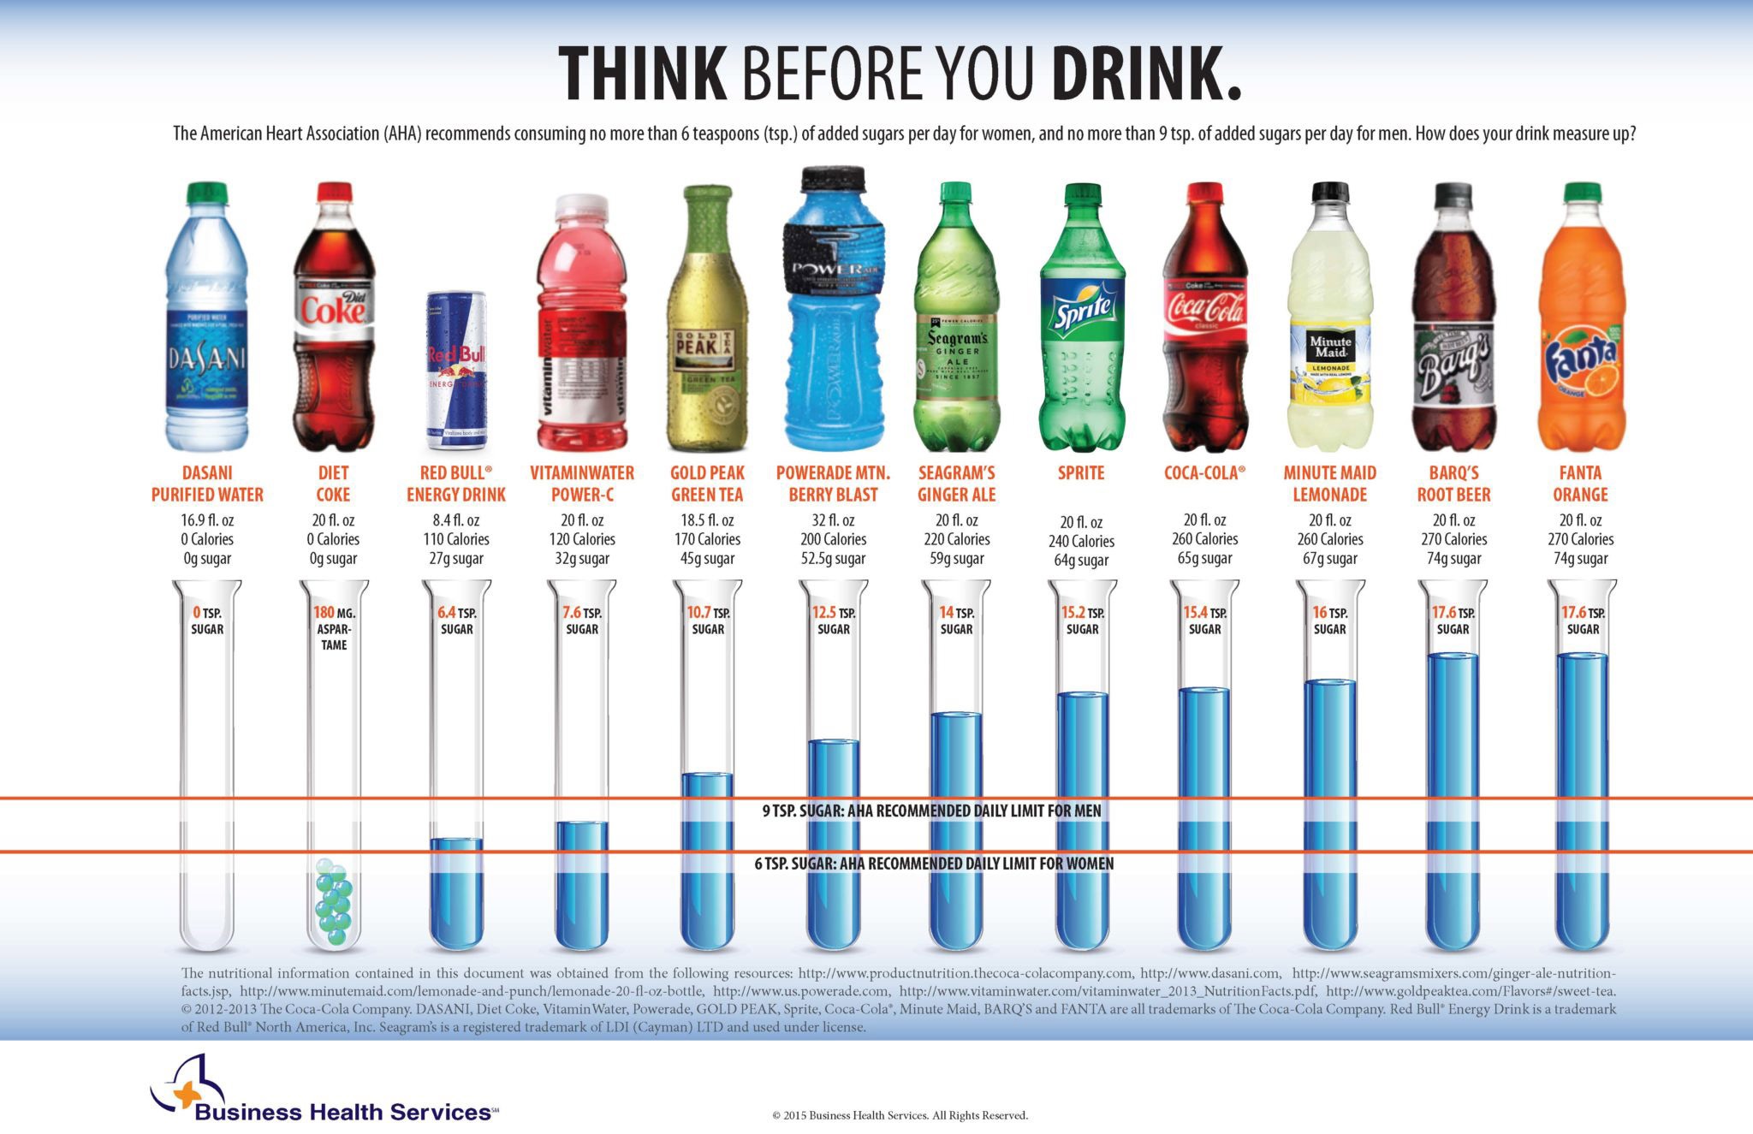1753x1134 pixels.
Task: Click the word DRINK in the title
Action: point(1145,74)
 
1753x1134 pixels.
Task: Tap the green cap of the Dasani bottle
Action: point(207,192)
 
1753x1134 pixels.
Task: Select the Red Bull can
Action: point(457,370)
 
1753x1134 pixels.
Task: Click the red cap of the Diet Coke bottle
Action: point(334,191)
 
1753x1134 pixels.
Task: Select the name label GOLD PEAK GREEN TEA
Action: point(707,484)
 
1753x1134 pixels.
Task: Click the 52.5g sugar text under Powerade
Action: point(833,559)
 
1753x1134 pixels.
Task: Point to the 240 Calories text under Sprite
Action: point(1081,541)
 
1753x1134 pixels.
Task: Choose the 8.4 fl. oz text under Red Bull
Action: point(456,520)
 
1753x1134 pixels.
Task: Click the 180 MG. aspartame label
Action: point(334,628)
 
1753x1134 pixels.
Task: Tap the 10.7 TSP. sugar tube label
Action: point(708,620)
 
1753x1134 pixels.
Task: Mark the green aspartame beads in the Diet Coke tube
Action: point(333,902)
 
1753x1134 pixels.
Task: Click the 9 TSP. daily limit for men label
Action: point(931,810)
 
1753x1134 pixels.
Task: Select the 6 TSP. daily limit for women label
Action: point(933,864)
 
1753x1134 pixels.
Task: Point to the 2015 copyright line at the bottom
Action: point(900,1115)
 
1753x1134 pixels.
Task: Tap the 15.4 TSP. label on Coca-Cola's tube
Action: point(1204,620)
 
